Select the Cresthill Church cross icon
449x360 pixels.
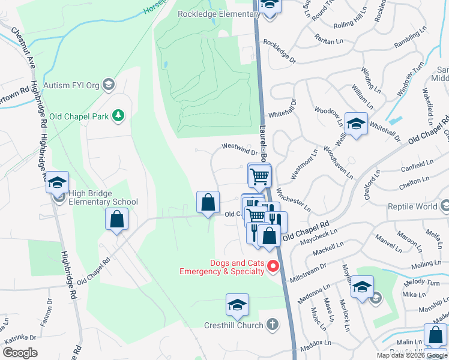pyautogui.click(x=273, y=325)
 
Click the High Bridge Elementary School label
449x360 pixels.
pyautogui.click(x=103, y=202)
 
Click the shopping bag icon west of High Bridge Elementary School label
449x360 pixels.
pyautogui.click(x=117, y=219)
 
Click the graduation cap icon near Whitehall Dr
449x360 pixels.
pyautogui.click(x=357, y=124)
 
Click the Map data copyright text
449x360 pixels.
pyautogui.click(x=412, y=355)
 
